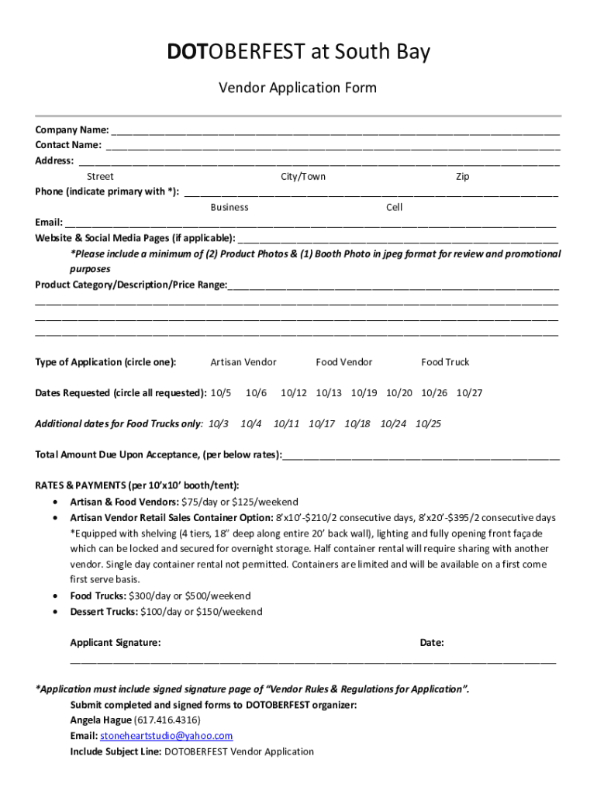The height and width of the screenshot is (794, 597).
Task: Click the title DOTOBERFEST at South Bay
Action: click(x=298, y=53)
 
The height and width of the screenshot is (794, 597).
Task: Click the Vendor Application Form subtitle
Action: click(x=298, y=88)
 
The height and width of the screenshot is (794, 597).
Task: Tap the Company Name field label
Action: click(x=71, y=129)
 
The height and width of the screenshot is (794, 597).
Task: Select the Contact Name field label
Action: click(x=68, y=145)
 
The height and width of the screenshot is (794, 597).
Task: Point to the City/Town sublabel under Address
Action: click(x=303, y=177)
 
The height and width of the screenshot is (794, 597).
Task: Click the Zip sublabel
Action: click(x=462, y=177)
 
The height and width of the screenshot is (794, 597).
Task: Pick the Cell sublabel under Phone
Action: click(x=394, y=208)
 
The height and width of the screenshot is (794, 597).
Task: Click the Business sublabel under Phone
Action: click(x=229, y=208)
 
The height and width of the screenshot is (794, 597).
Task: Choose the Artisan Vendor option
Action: click(x=243, y=362)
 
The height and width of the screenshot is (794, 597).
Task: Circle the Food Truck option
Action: click(x=445, y=362)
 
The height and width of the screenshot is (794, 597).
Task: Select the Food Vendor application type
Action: click(x=343, y=362)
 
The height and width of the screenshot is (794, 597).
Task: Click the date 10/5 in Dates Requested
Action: click(x=221, y=393)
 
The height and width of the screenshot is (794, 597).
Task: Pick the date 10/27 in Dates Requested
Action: click(x=469, y=393)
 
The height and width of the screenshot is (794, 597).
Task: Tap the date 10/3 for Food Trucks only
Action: click(x=219, y=424)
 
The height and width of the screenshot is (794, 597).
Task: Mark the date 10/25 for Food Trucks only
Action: click(x=428, y=424)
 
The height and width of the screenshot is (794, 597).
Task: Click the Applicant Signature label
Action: click(x=116, y=643)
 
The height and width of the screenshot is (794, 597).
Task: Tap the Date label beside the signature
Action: click(x=432, y=643)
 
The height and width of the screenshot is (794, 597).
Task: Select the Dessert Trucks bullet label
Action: click(x=104, y=612)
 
